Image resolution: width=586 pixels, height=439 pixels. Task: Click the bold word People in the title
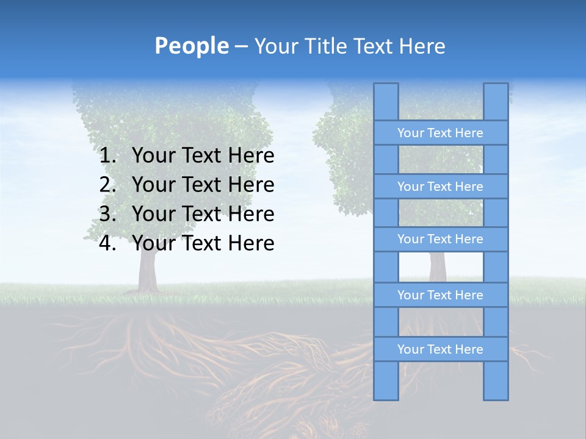coord(191,46)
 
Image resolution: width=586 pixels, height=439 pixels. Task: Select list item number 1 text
coord(203,155)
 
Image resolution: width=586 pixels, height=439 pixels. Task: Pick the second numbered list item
coord(203,185)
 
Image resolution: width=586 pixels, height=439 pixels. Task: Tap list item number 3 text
coord(203,214)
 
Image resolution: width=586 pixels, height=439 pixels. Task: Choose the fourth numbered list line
coord(203,243)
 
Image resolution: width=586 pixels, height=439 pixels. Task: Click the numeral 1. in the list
coord(107,155)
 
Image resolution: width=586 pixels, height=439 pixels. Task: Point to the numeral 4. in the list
coord(107,243)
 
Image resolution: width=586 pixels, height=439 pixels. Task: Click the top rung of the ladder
coord(440,133)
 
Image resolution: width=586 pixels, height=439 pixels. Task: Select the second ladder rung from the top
coord(440,187)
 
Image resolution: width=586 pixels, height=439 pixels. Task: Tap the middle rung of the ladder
coord(440,239)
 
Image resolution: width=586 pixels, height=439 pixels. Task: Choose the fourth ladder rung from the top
coord(440,295)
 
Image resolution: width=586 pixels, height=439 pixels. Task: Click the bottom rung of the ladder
coord(440,349)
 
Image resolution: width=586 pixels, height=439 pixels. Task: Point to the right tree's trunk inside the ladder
coord(437,266)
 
